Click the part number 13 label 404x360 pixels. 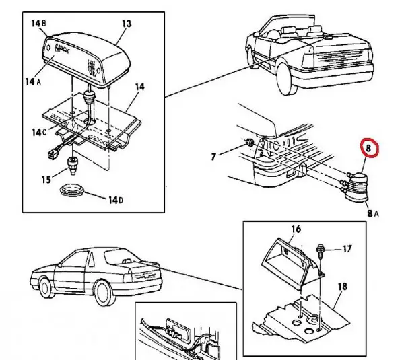125,24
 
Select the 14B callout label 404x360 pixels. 38,23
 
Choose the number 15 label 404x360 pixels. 46,179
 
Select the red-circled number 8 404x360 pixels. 369,147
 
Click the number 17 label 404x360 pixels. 347,249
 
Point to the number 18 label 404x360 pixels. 342,287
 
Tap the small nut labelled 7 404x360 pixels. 250,143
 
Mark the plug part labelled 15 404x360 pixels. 73,164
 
